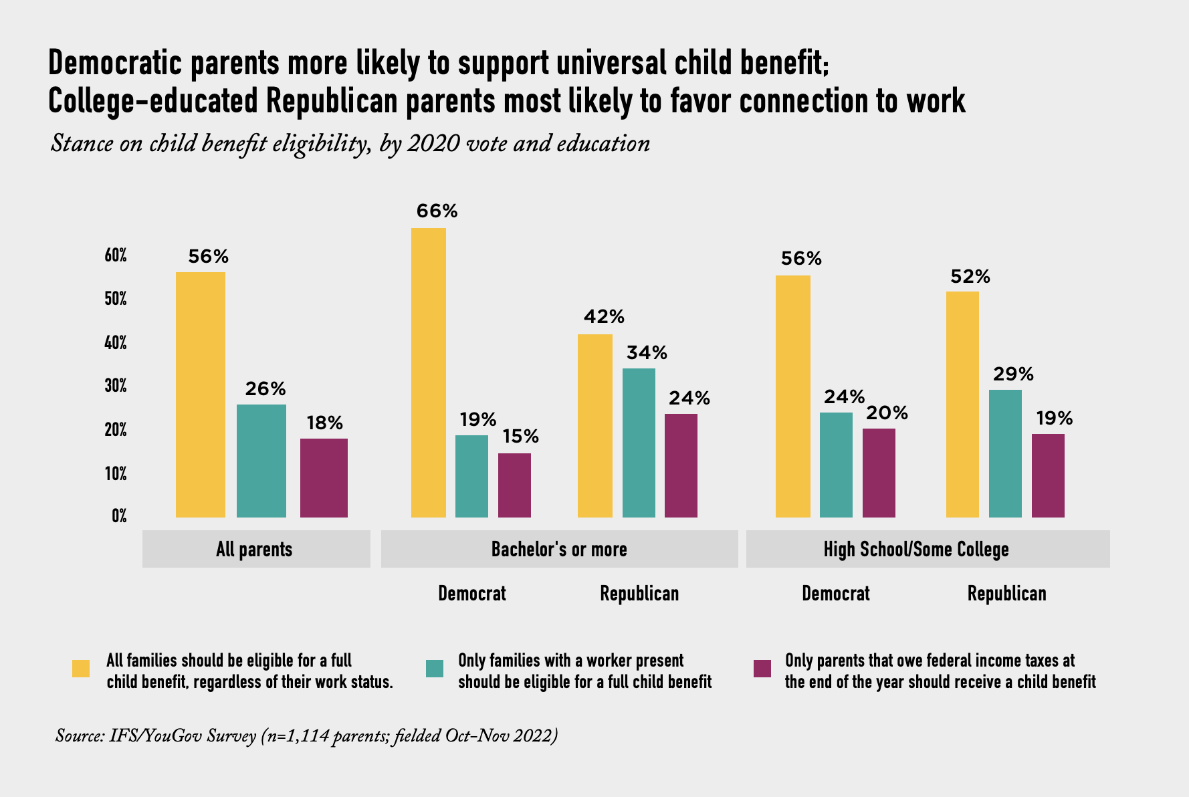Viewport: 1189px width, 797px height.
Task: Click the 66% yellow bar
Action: tap(428, 372)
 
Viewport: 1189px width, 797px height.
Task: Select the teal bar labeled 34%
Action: tap(639, 443)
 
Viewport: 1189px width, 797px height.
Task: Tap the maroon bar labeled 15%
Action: tap(514, 485)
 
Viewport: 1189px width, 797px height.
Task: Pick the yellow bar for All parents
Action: tap(200, 394)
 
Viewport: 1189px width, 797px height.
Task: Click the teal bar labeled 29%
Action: tap(1005, 453)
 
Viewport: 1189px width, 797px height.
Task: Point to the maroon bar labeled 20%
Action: tap(879, 473)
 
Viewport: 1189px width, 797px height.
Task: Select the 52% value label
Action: tap(970, 277)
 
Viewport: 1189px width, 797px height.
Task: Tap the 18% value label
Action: tap(324, 423)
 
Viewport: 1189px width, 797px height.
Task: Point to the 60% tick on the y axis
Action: tap(116, 255)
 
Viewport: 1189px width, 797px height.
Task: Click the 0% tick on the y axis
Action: tap(119, 516)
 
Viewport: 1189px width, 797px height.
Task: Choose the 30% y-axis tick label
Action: tap(116, 386)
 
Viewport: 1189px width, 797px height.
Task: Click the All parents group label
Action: tap(254, 550)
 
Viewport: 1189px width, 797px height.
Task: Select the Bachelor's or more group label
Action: tap(559, 550)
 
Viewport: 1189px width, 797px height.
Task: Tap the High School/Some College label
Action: tap(915, 550)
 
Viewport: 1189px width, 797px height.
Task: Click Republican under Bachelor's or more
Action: tap(639, 594)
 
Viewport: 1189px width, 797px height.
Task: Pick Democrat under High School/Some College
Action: tap(836, 594)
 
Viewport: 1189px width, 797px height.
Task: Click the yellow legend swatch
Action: tap(81, 669)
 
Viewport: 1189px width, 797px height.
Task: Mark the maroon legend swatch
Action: tap(762, 669)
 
